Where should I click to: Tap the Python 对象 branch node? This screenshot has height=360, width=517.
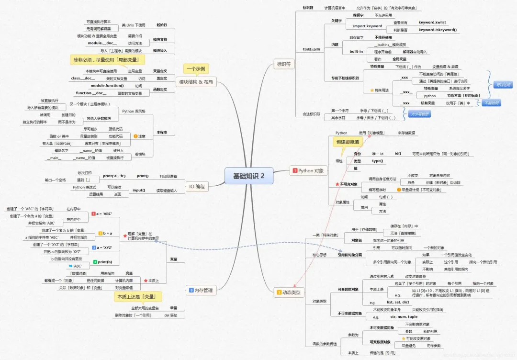click(x=309, y=170)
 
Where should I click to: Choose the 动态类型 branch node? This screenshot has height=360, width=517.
click(x=290, y=292)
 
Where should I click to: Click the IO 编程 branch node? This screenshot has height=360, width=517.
click(x=197, y=186)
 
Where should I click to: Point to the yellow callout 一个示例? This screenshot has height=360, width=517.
click(x=196, y=69)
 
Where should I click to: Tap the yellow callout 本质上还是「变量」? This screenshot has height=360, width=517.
click(x=137, y=297)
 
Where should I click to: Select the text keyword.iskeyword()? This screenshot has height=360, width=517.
click(x=438, y=30)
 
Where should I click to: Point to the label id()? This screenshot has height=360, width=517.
click(x=398, y=153)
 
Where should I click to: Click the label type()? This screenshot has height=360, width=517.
click(x=377, y=161)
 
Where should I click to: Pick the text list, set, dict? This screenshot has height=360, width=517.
click(x=398, y=303)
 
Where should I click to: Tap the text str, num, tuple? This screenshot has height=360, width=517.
click(x=404, y=317)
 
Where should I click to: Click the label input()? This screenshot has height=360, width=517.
click(x=138, y=190)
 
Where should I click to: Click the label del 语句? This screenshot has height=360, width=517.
click(x=170, y=315)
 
